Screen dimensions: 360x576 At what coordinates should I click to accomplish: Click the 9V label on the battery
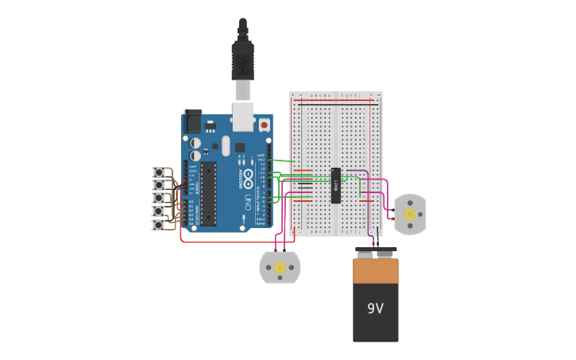point(375,308)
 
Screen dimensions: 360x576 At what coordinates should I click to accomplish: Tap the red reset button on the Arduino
point(264,125)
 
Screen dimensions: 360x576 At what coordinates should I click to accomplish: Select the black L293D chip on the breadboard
point(336,185)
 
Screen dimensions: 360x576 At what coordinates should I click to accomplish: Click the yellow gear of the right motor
point(410,214)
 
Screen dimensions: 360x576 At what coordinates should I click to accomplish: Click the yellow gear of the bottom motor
point(280,268)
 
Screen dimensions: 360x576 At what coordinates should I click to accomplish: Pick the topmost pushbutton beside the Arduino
point(159,172)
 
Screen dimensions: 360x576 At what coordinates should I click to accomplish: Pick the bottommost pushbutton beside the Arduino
point(159,225)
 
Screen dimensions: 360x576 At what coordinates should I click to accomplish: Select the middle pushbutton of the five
point(159,198)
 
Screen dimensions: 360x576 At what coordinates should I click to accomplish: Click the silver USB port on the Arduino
point(243,116)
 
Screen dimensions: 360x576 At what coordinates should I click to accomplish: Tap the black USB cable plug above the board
point(242,60)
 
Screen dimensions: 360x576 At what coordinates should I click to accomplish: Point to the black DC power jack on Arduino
point(192,121)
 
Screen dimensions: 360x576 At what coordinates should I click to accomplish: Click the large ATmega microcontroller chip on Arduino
point(208,194)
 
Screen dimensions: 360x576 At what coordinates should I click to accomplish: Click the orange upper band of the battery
point(376,271)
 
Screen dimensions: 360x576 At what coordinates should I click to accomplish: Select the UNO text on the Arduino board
point(248,202)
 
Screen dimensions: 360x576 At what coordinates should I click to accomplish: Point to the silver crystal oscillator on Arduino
point(226,145)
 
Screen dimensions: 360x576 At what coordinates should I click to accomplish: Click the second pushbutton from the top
point(159,185)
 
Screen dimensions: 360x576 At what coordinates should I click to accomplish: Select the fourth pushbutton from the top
point(159,211)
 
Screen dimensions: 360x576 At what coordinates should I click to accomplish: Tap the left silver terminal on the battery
point(365,255)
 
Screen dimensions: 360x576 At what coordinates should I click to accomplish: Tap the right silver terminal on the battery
point(385,255)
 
